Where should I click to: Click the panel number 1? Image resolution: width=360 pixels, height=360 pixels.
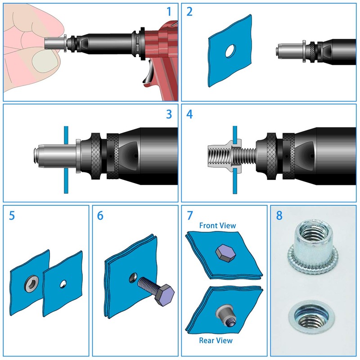coord(169,12)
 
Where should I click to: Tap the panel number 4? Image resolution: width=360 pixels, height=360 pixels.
coord(189,114)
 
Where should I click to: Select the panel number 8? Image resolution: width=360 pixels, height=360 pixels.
coord(279,216)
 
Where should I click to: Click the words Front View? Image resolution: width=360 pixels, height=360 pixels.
coord(217,225)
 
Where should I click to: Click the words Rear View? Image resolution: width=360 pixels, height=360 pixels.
coord(216,340)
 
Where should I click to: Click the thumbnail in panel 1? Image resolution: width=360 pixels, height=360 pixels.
coord(45,60)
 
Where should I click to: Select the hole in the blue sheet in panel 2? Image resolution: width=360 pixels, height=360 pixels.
coord(230,51)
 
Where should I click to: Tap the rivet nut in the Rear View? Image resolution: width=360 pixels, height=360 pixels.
coord(225,315)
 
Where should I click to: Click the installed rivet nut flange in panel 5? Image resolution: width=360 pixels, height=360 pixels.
coord(31,284)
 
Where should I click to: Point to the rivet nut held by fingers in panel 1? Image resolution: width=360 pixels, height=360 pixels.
coord(55,43)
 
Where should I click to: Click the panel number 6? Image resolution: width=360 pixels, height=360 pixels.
coord(100,216)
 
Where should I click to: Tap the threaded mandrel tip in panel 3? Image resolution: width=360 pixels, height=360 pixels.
coord(36,156)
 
